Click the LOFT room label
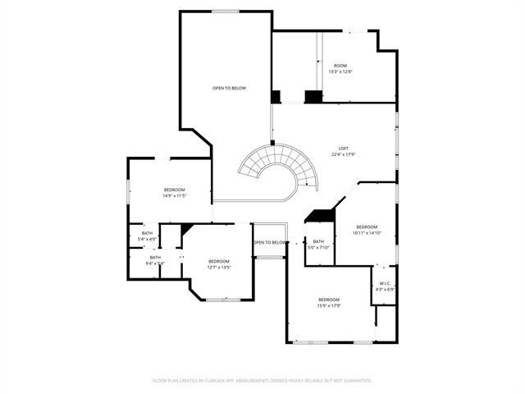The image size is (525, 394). coord(343,148)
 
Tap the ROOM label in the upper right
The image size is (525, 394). coord(340,66)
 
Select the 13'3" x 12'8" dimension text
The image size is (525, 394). coord(340,72)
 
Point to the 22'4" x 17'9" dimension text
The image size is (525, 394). coord(343,154)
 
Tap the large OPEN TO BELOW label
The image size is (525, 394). coord(229,88)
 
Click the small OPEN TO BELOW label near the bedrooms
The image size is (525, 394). coord(270,243)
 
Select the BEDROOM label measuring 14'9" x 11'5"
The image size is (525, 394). coord(174,190)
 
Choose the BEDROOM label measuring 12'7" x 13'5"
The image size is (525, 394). coord(218,261)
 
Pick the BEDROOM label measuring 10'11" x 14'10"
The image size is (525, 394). coord(367,227)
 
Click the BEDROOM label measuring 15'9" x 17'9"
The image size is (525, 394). coord(329,300)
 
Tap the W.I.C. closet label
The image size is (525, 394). coord(385,283)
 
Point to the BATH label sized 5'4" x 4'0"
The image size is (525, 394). coord(147,233)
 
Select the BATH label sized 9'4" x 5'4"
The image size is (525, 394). coord(155,257)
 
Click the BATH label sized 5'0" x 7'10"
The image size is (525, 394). coord(318,241)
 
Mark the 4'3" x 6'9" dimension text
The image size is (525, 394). coord(385,289)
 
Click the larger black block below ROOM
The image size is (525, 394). coord(313,97)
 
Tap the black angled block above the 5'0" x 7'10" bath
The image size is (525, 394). coord(321,216)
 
